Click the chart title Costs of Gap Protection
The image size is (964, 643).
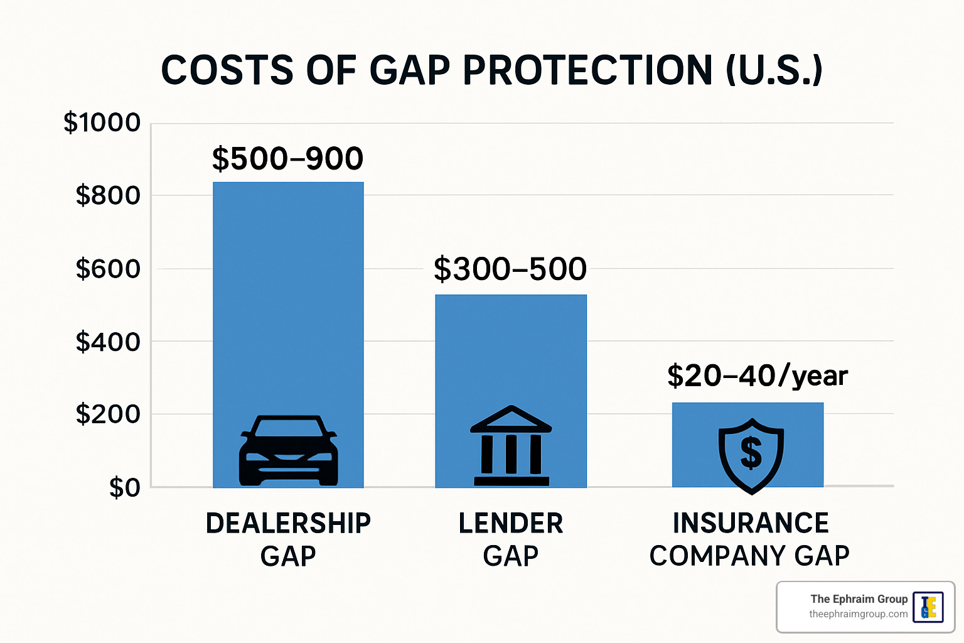point(491,70)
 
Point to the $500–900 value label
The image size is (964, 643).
point(287,158)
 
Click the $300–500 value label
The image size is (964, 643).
point(510,269)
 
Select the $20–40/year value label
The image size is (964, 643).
point(757,376)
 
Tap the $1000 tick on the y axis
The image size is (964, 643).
point(102,122)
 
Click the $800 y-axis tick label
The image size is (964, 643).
point(108,195)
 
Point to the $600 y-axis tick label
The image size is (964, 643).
point(108,269)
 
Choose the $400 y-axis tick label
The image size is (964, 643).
point(108,342)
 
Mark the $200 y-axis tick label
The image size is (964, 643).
point(108,414)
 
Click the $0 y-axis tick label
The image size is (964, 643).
point(124,487)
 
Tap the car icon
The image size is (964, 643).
point(288,450)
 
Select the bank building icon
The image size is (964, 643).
point(511,446)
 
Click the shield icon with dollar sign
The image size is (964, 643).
point(751,454)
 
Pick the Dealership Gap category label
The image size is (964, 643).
point(288,539)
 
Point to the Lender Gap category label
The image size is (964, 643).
point(511,539)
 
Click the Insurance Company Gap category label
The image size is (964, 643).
point(750,539)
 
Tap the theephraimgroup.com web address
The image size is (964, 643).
point(858,614)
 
